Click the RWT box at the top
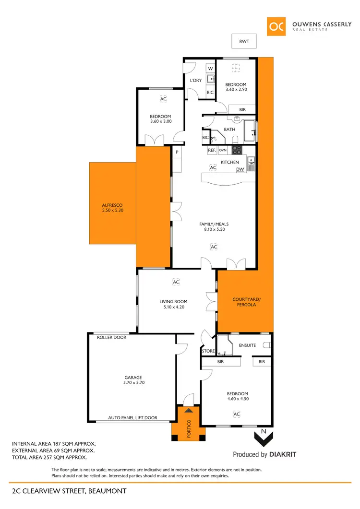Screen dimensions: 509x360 coord(244,42)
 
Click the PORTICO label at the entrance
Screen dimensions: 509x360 coord(189,428)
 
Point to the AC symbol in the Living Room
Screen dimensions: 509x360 coord(176,283)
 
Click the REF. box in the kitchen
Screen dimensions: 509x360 coord(212,150)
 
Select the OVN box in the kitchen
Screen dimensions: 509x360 coord(223,150)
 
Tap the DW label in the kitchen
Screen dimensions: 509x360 coord(240,169)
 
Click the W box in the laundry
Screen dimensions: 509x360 coord(210,69)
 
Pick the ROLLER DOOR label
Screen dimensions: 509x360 coord(111,337)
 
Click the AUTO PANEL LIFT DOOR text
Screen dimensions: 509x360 coord(132,418)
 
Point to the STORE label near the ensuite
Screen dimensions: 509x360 coord(208,351)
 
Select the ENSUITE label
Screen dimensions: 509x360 coord(247,345)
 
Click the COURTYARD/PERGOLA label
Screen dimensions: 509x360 coord(244,302)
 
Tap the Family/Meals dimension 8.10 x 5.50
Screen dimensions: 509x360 coord(214,229)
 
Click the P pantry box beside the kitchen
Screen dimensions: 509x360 coord(177,152)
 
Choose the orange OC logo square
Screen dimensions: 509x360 coord(277,27)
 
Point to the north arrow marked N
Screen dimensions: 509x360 coord(263,436)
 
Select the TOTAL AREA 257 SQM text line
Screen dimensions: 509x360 coord(49,457)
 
